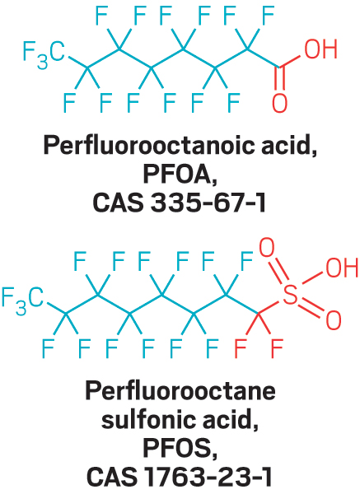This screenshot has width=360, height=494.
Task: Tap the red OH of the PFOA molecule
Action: pyautogui.click(x=320, y=49)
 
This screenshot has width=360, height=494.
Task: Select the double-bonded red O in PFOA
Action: pyautogui.click(x=279, y=103)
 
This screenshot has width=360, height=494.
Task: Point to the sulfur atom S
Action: pyautogui.click(x=290, y=296)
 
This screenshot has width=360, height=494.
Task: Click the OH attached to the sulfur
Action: pyautogui.click(x=342, y=268)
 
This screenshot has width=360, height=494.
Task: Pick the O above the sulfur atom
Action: pyautogui.click(x=267, y=248)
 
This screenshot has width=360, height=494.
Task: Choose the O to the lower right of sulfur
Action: pyautogui.click(x=333, y=319)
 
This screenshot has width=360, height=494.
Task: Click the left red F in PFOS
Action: pyautogui.click(x=241, y=348)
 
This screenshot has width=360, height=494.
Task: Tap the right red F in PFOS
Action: pyautogui.click(x=277, y=348)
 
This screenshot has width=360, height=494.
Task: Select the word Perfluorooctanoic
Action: pyautogui.click(x=149, y=146)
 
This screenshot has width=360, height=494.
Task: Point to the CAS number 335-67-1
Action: pyautogui.click(x=208, y=203)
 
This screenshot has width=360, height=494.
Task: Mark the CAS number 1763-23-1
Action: pyautogui.click(x=208, y=478)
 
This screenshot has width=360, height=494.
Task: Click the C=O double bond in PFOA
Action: pyautogui.click(x=280, y=80)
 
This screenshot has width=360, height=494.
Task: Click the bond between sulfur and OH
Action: pyautogui.click(x=313, y=278)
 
